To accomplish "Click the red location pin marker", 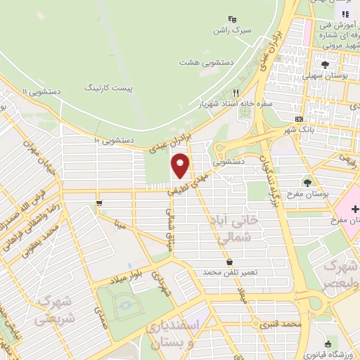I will [181, 165].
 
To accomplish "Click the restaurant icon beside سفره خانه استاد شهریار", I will [237, 92].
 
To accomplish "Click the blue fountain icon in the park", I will [126, 305].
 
